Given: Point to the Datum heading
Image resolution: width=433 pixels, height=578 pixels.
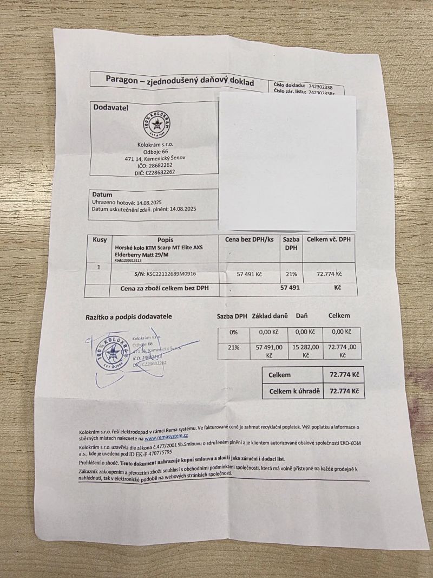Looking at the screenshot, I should point(102,194).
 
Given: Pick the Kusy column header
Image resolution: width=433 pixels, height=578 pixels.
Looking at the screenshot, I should point(100,239).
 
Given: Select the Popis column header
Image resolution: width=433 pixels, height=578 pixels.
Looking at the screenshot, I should point(165,239).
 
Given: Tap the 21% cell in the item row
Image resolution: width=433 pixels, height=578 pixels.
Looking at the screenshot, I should point(290,275).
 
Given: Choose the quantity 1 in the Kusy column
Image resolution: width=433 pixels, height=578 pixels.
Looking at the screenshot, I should point(98,267).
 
